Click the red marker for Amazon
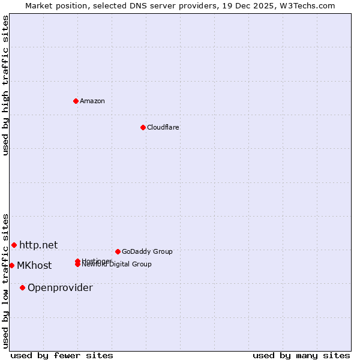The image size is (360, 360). [76, 101]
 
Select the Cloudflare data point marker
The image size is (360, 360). [143, 127]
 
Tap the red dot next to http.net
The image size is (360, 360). [14, 245]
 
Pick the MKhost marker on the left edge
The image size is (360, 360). [11, 265]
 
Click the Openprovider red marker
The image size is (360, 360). [22, 287]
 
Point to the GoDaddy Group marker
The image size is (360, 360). [118, 251]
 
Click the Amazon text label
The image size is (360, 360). [92, 101]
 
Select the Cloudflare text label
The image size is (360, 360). [163, 127]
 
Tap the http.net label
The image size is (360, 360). [38, 245]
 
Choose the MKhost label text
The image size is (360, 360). [34, 266]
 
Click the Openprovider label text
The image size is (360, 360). [60, 287]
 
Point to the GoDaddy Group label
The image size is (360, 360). [147, 251]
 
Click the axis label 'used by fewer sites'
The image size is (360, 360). [62, 355]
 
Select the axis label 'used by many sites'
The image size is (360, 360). [301, 355]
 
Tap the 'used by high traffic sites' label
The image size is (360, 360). [5, 85]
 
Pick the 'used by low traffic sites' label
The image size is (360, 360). [5, 281]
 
